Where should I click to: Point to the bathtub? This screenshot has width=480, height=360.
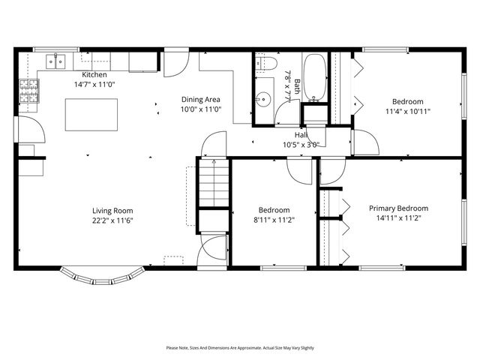[313, 77]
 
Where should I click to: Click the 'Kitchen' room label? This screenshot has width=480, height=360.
[94, 75]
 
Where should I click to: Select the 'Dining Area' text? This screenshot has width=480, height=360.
[202, 99]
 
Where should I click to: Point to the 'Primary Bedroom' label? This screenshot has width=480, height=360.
[398, 208]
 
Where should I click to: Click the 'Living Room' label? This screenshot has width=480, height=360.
[112, 211]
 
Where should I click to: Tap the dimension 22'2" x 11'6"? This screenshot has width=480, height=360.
[112, 220]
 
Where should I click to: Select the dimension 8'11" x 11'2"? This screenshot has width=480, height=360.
[274, 220]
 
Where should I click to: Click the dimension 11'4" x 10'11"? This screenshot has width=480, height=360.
[408, 111]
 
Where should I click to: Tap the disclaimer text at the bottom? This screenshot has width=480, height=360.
[240, 348]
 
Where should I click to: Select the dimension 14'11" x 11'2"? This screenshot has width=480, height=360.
[398, 218]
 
